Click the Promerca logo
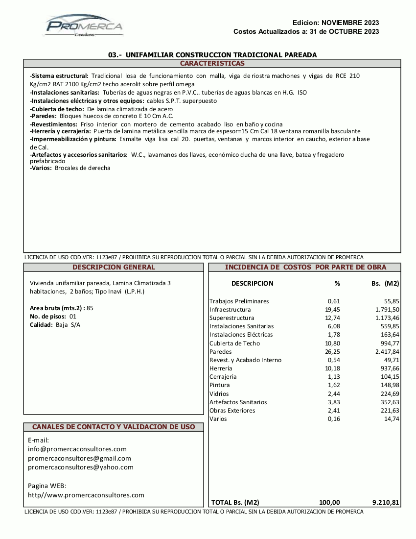click(84, 25)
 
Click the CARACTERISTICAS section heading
click(212, 64)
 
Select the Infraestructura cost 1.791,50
click(387, 310)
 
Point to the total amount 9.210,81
click(386, 502)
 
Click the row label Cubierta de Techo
click(234, 343)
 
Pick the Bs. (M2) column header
click(385, 284)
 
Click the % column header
click(337, 284)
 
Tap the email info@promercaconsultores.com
click(77, 449)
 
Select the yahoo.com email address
click(81, 467)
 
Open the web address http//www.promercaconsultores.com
click(86, 495)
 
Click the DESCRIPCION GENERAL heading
click(114, 268)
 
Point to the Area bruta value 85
click(90, 308)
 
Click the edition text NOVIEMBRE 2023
click(350, 23)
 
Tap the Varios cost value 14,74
click(392, 419)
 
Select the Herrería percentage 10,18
click(333, 368)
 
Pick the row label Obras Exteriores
click(232, 411)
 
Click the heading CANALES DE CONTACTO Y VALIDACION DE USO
click(114, 427)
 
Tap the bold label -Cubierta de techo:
click(57, 109)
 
